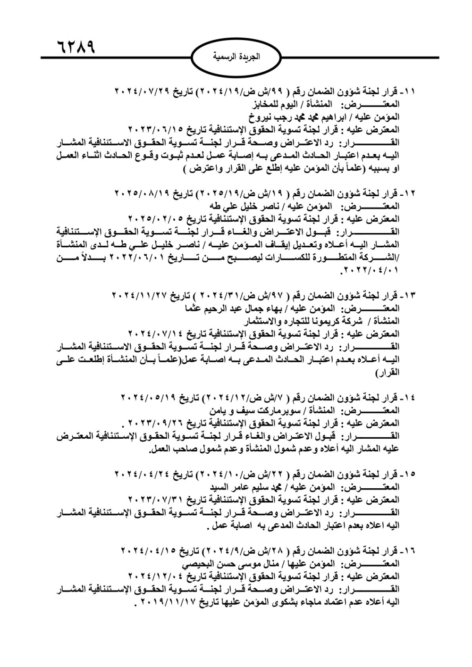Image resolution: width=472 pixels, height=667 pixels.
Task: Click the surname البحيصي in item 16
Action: tap(198, 565)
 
